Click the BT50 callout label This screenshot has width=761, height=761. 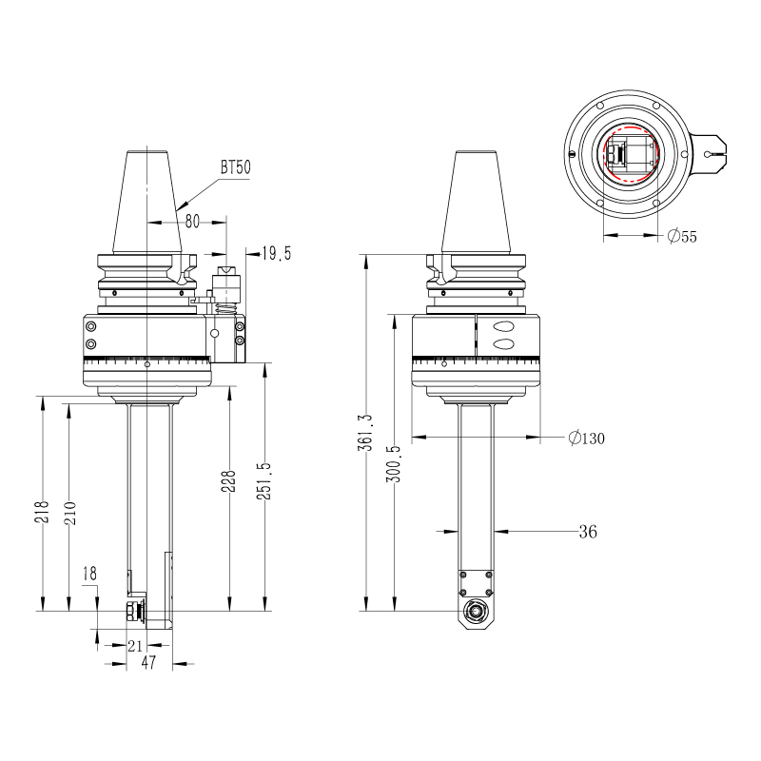coord(235,167)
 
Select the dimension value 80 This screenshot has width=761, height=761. coord(192,221)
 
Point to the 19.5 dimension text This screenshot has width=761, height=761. coord(278,253)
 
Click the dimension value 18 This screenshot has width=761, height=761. coord(89,574)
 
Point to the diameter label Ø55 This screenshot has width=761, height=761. coord(681,236)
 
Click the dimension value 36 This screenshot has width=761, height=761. coord(587,532)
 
